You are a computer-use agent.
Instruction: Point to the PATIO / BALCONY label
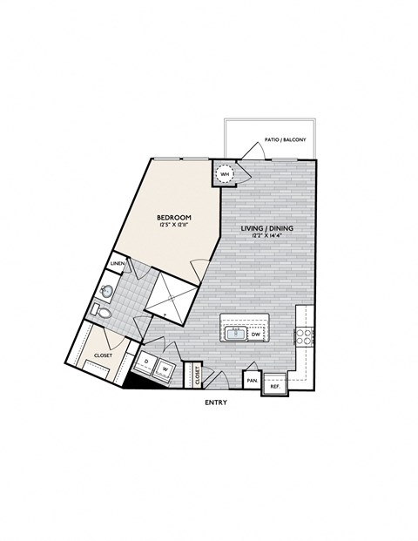[285, 139]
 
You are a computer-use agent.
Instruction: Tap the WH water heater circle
[225, 174]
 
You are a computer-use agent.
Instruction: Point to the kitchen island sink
[235, 333]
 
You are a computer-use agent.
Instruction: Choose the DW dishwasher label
[256, 334]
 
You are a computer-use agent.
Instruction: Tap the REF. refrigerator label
[275, 385]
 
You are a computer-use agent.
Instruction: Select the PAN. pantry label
[252, 380]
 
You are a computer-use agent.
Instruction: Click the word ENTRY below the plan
[216, 402]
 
